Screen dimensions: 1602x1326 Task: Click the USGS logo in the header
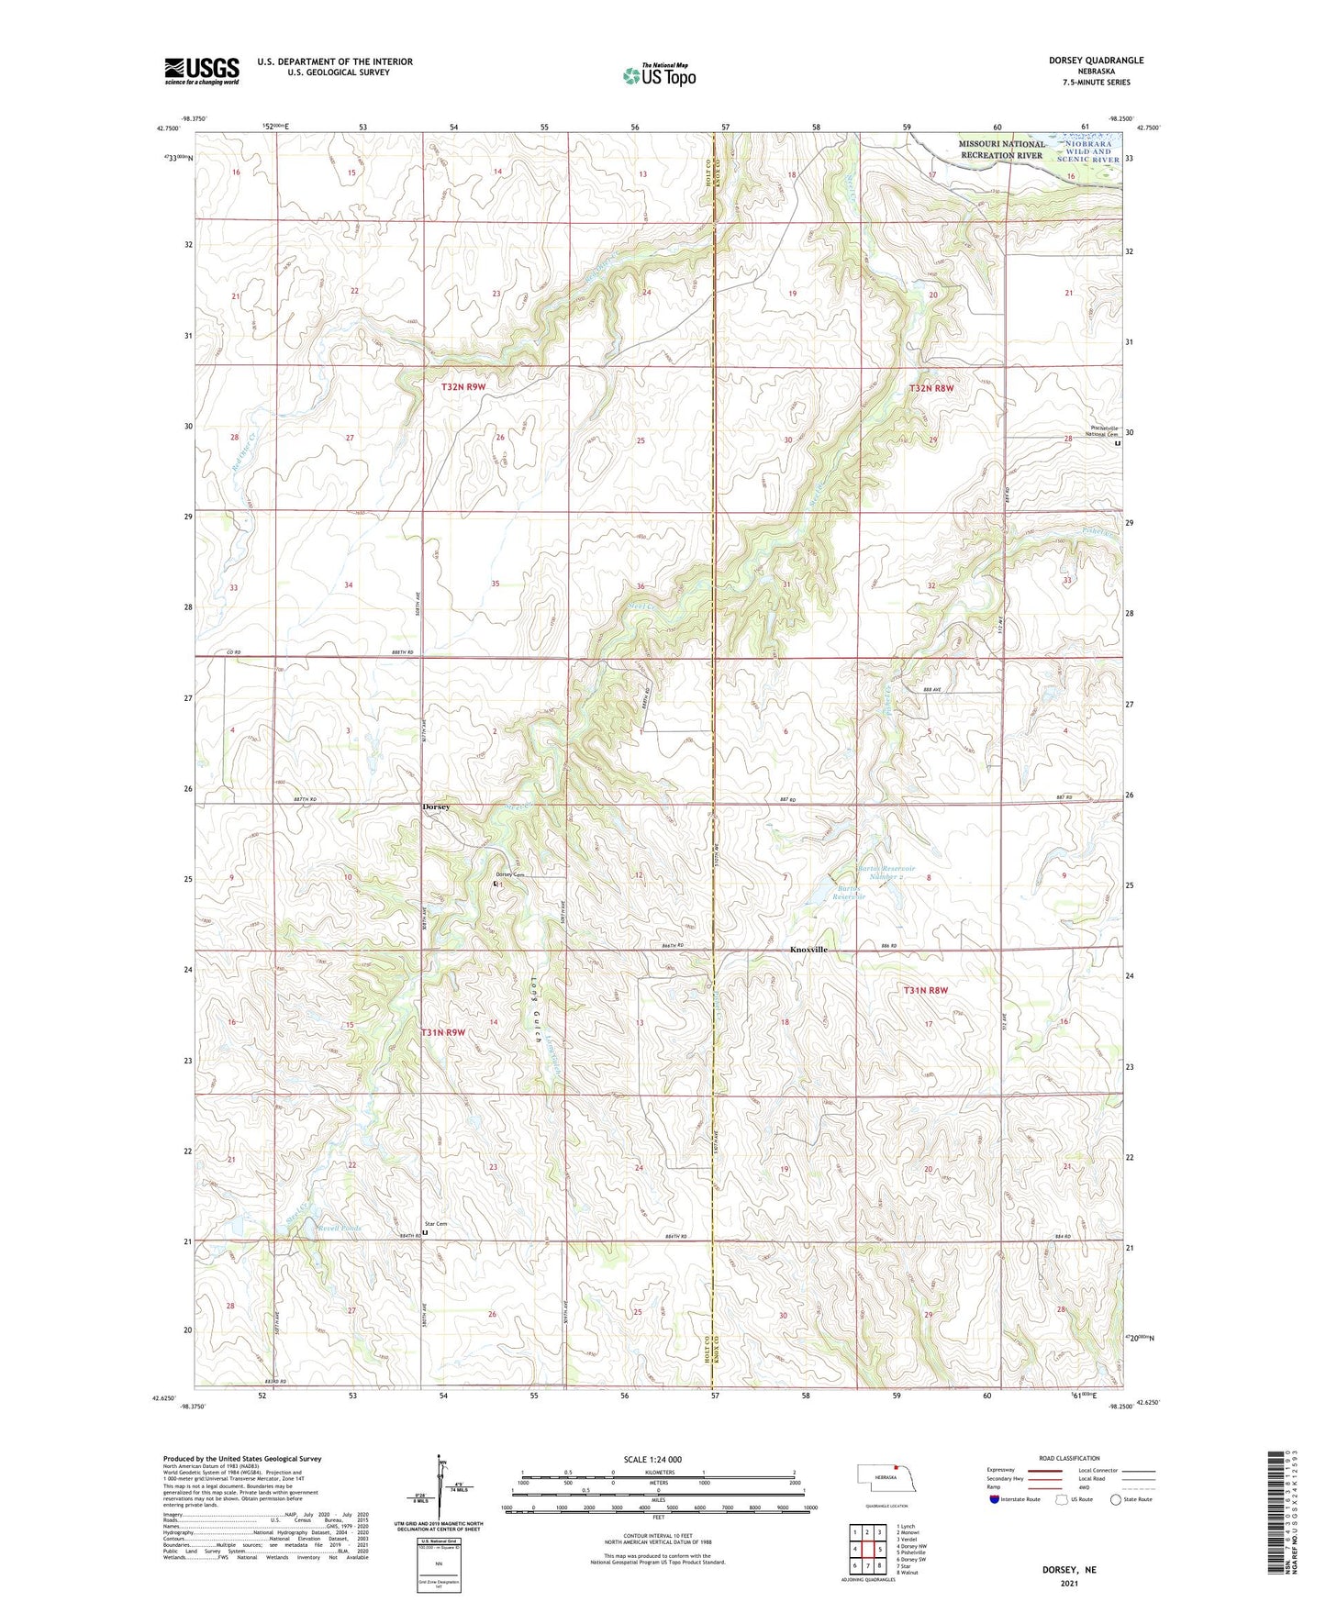coord(201,71)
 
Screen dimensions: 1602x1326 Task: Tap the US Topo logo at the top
coord(659,75)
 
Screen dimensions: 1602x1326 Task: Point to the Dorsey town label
coord(436,807)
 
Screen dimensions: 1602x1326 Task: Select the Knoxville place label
coord(808,950)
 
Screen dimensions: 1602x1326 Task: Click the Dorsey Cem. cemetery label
coord(514,874)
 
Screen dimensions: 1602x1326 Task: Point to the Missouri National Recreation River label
coord(1001,150)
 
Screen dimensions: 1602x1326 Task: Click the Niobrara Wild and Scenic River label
coord(1088,151)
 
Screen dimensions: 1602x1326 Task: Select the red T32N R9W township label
coord(463,387)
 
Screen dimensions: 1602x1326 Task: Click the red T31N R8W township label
coord(925,990)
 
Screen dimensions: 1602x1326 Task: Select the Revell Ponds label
coord(339,1227)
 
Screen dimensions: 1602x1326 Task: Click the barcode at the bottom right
coord(1284,1523)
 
